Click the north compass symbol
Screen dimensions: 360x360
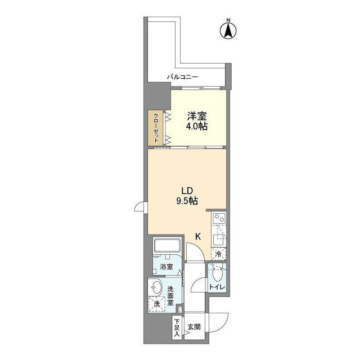pos(228,30)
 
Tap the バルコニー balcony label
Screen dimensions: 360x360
pos(182,77)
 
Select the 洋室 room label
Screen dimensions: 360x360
pos(197,116)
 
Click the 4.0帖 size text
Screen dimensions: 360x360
pos(197,126)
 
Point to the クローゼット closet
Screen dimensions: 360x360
pos(156,128)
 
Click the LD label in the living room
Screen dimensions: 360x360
pos(187,191)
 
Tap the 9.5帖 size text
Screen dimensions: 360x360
pos(187,201)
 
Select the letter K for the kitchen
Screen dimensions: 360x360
pos(198,236)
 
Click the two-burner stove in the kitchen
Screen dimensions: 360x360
pos(219,218)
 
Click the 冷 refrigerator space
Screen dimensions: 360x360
pos(219,254)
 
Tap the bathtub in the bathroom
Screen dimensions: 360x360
pos(167,246)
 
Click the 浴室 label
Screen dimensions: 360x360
pos(166,267)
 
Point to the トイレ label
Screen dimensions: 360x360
pos(217,287)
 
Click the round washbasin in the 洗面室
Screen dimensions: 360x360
pos(156,287)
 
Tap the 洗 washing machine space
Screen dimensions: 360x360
pos(157,304)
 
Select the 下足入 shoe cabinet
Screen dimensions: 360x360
pos(177,327)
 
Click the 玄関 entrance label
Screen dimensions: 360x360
pos(194,327)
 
